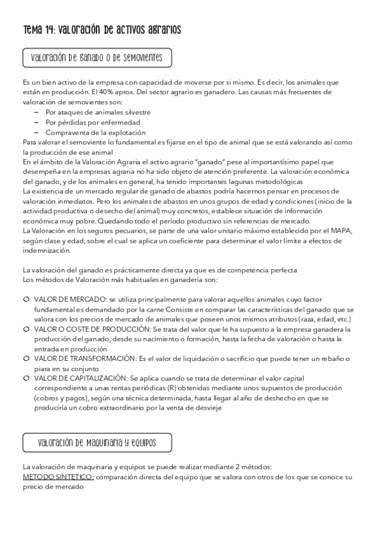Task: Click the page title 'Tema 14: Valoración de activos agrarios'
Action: [x=102, y=30]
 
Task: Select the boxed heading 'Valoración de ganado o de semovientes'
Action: [x=97, y=58]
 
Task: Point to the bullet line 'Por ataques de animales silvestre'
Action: [x=98, y=112]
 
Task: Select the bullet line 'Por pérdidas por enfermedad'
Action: [x=93, y=122]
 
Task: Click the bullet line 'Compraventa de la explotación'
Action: [x=96, y=132]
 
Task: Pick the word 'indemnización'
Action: [x=45, y=250]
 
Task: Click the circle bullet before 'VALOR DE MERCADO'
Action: [x=26, y=299]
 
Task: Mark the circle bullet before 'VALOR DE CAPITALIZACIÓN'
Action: [x=26, y=378]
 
